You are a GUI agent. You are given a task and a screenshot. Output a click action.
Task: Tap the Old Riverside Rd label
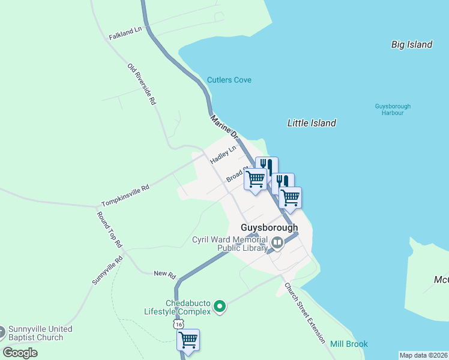[142, 85]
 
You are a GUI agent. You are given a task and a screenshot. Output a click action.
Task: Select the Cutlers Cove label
[229, 80]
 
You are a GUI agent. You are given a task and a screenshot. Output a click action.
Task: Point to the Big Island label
[412, 44]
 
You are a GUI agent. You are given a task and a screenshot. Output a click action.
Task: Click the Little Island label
[312, 123]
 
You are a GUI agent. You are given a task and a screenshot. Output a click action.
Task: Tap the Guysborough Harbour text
[389, 109]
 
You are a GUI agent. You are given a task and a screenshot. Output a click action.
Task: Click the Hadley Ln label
[223, 155]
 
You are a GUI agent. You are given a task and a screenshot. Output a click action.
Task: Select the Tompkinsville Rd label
[125, 196]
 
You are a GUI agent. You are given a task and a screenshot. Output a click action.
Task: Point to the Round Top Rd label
[109, 230]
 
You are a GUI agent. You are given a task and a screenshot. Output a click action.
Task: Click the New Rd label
[164, 274]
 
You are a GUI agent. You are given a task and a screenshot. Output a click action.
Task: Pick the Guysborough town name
[269, 228]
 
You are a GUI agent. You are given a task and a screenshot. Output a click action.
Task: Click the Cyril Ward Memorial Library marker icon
[277, 243]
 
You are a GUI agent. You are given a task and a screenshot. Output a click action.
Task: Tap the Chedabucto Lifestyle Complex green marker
[220, 307]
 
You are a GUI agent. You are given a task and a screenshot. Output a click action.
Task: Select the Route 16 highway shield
[177, 323]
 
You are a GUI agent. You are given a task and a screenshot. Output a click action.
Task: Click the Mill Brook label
[349, 344]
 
